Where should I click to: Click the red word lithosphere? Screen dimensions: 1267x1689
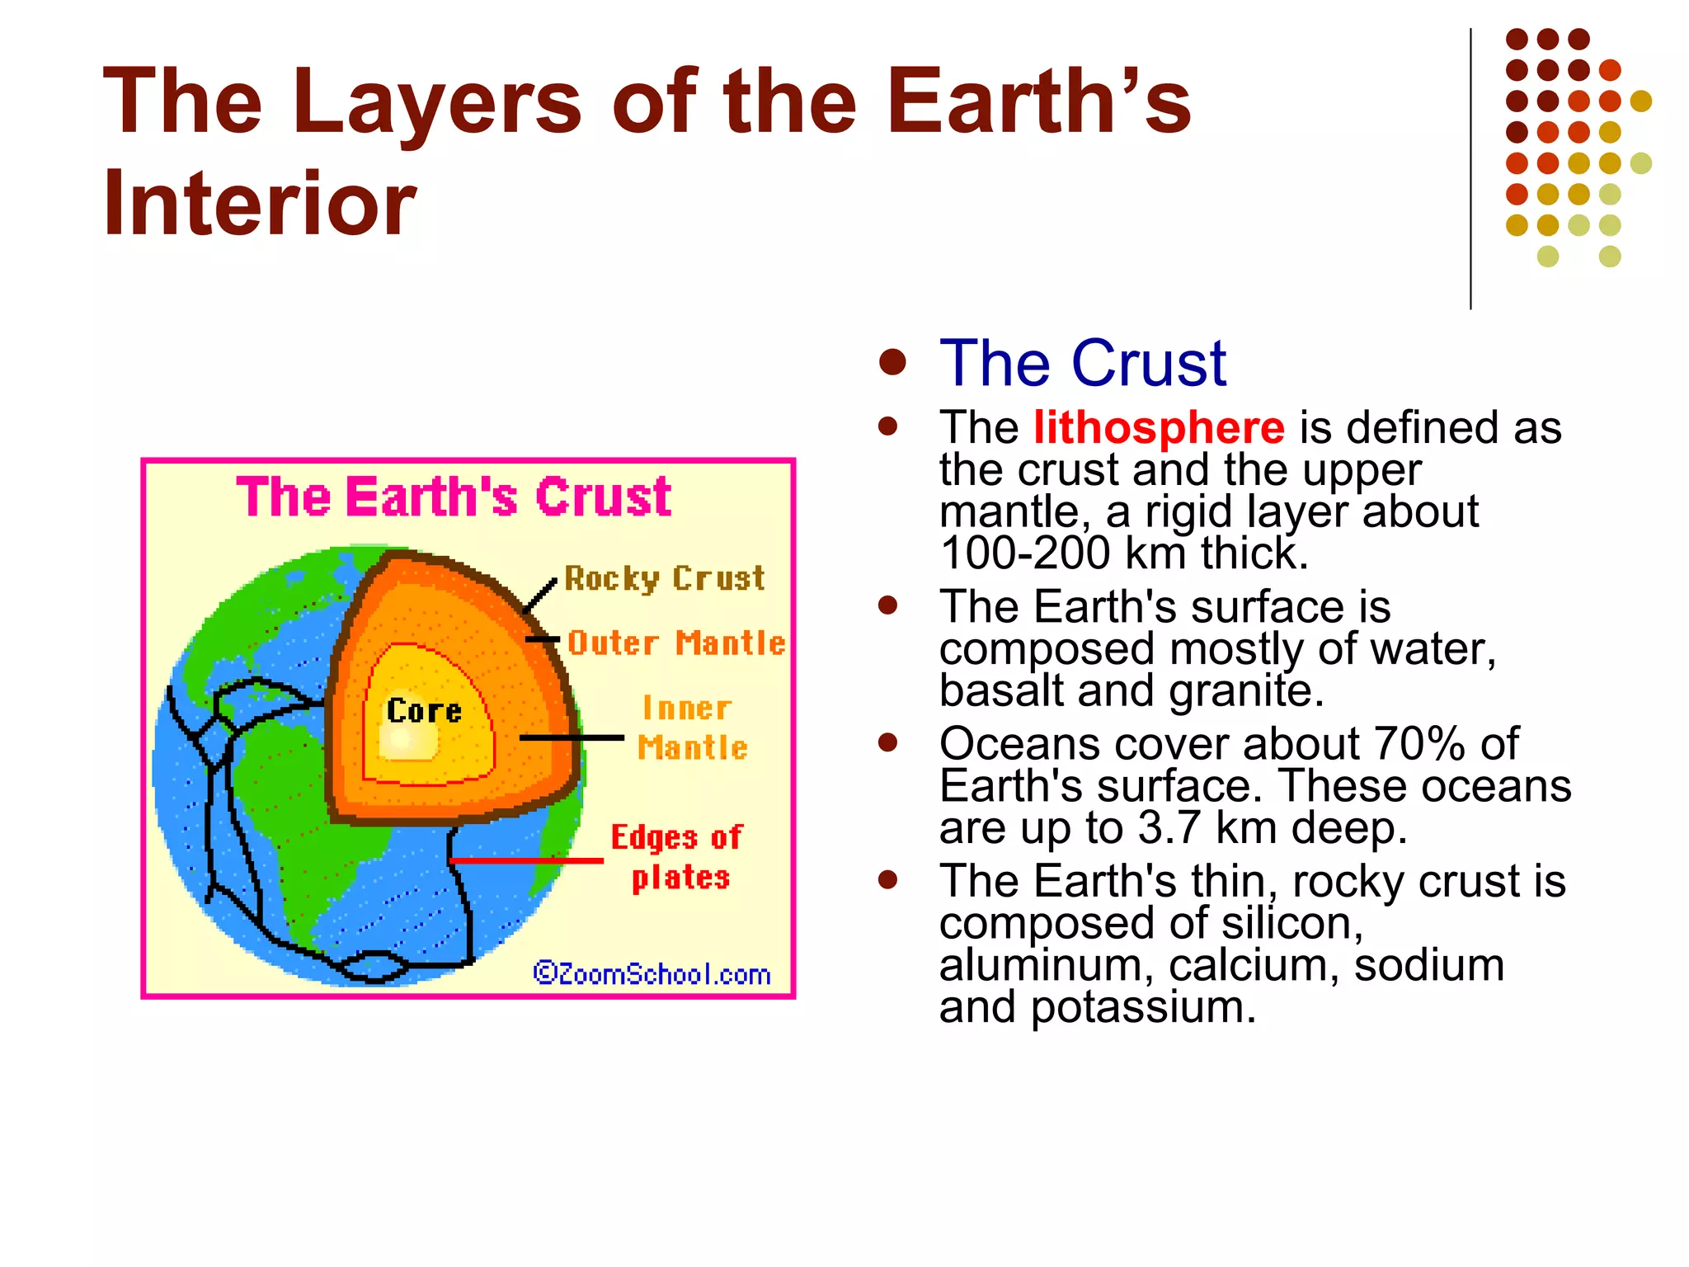[1158, 428]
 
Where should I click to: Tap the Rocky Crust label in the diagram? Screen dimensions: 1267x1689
[665, 578]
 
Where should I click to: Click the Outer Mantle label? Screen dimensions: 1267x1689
[676, 643]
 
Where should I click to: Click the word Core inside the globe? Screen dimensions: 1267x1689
[424, 711]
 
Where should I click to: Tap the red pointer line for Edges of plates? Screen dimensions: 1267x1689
[528, 860]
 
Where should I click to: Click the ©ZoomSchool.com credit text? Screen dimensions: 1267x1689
[652, 973]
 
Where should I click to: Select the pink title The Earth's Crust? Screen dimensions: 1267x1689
[454, 497]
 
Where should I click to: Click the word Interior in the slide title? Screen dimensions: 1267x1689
[259, 203]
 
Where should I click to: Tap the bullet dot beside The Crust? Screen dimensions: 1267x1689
[892, 361]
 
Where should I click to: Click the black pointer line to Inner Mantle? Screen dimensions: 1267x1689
[571, 737]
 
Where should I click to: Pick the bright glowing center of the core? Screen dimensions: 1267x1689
[402, 740]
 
